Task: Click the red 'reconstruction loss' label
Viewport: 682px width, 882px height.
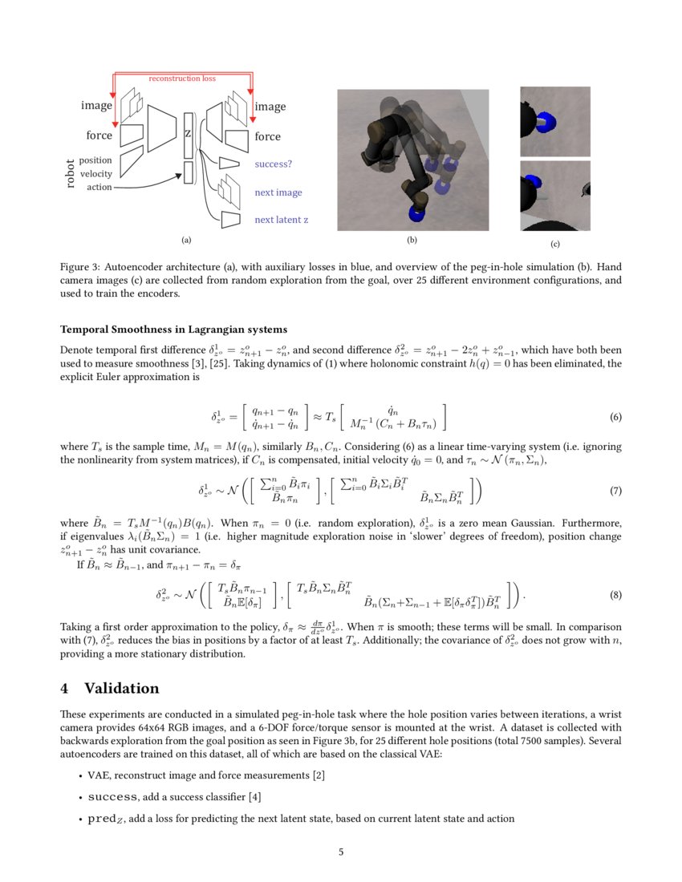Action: [182, 79]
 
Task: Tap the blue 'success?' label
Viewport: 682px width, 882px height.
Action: [273, 164]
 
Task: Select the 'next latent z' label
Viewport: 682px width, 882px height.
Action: [281, 220]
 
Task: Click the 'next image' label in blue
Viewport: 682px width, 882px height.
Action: [278, 192]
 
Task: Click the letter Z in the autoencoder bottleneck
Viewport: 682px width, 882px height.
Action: [188, 132]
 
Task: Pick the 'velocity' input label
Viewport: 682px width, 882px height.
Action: [96, 174]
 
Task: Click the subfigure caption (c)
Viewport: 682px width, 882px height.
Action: [554, 244]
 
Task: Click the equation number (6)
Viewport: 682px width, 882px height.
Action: [615, 418]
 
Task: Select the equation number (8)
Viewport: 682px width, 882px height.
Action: [615, 595]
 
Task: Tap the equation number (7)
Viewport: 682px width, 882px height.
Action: [615, 490]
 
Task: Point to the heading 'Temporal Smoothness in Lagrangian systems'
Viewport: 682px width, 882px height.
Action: [173, 330]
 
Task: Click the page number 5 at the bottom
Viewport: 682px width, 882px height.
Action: [341, 852]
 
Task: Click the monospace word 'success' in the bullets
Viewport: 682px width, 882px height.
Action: [113, 797]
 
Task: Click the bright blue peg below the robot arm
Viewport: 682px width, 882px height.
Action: [417, 213]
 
